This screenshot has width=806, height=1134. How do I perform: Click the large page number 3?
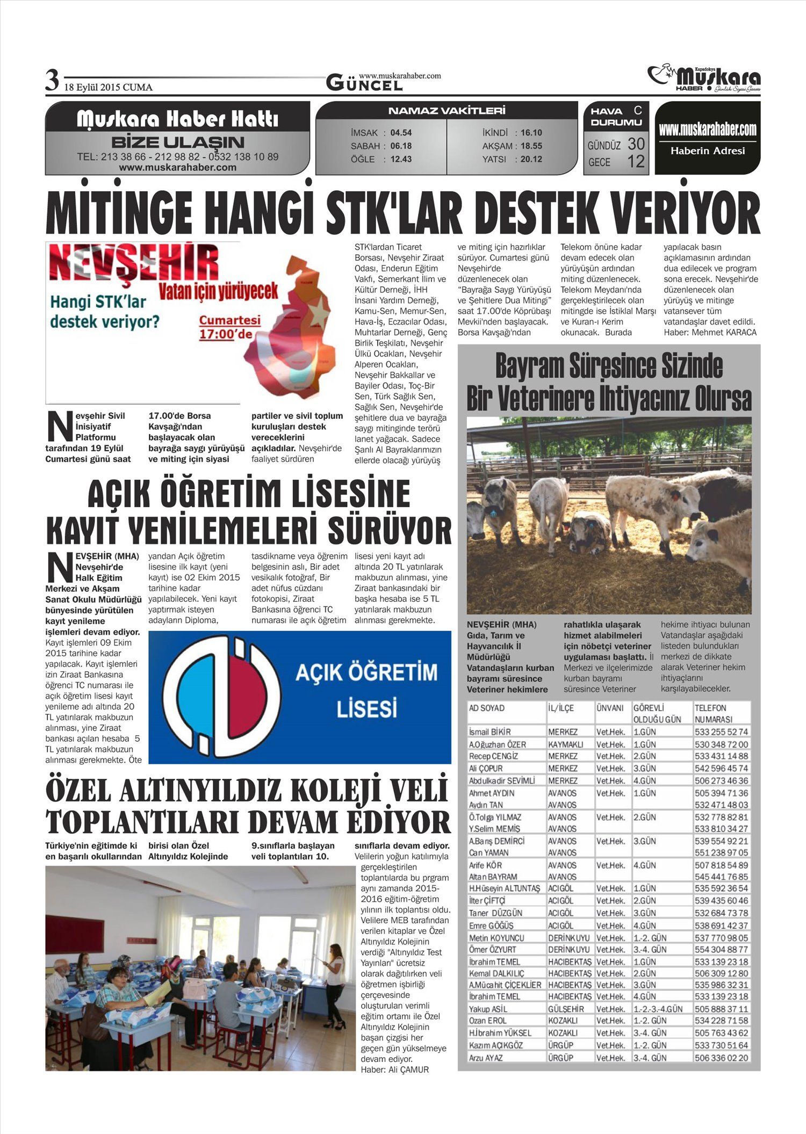pyautogui.click(x=52, y=82)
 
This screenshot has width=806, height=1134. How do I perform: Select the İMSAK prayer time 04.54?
pyautogui.click(x=401, y=133)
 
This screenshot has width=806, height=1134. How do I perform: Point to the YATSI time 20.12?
pyautogui.click(x=531, y=159)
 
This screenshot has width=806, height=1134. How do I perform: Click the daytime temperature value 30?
pyautogui.click(x=636, y=144)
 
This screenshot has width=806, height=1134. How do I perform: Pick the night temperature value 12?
pyautogui.click(x=636, y=161)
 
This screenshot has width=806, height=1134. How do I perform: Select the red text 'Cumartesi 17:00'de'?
pyautogui.click(x=229, y=327)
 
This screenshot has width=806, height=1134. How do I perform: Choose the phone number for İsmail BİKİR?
pyautogui.click(x=721, y=732)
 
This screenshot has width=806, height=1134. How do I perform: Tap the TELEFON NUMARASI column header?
pyautogui.click(x=714, y=714)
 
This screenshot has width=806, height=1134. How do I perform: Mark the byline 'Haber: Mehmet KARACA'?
pyautogui.click(x=710, y=333)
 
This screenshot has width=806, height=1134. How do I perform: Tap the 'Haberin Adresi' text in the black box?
pyautogui.click(x=707, y=151)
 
